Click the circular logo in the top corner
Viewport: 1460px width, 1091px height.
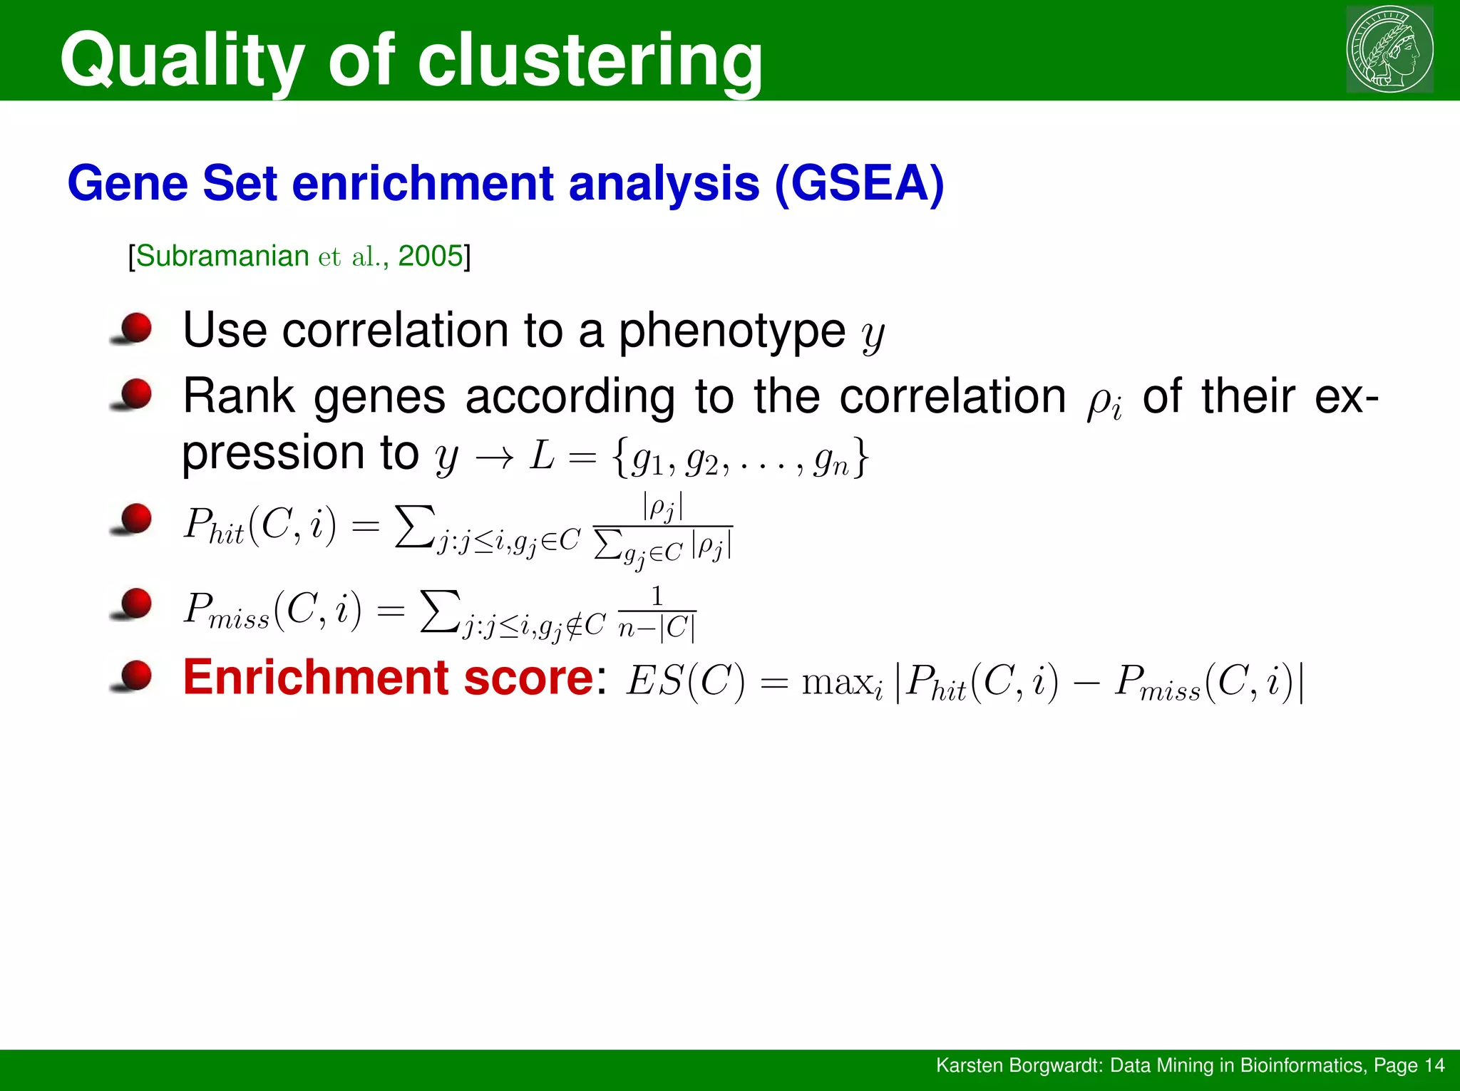point(1389,49)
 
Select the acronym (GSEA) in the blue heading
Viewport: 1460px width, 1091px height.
point(858,184)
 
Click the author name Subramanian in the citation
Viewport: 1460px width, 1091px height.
point(222,256)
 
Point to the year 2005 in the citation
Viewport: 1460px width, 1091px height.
point(431,256)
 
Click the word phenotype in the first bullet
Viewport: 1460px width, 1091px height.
point(731,331)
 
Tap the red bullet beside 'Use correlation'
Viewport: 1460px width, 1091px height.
point(135,329)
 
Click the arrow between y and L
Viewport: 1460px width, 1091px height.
point(494,457)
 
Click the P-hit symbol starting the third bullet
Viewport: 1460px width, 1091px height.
point(212,526)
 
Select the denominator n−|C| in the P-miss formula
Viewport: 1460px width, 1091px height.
point(657,628)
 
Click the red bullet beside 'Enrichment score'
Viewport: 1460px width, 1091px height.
point(135,676)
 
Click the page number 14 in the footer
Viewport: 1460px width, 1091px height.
point(1434,1065)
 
